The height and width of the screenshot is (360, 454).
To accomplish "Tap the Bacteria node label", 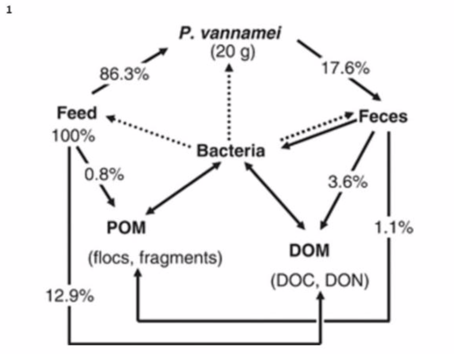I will coord(231,151).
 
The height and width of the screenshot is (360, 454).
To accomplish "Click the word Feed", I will coord(76,113).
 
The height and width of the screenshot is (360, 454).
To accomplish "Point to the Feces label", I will coord(383,116).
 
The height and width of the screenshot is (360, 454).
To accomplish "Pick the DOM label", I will coord(309,251).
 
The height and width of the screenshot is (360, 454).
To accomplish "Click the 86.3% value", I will coord(124,74).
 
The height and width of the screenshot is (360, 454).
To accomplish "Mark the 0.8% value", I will coord(104,175).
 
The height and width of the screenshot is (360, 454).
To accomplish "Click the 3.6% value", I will coord(348,182).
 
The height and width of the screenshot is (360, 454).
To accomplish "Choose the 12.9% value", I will coord(70,296).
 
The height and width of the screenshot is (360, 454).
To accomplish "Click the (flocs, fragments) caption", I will coord(155,257).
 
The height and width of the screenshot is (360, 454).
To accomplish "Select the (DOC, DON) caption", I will coord(320,282).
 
